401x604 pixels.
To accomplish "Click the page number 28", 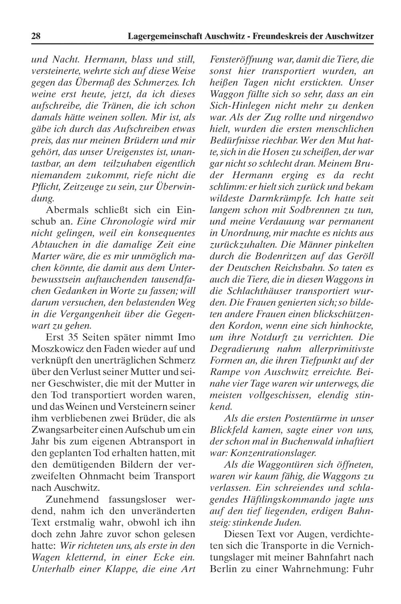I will coord(36,36).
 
